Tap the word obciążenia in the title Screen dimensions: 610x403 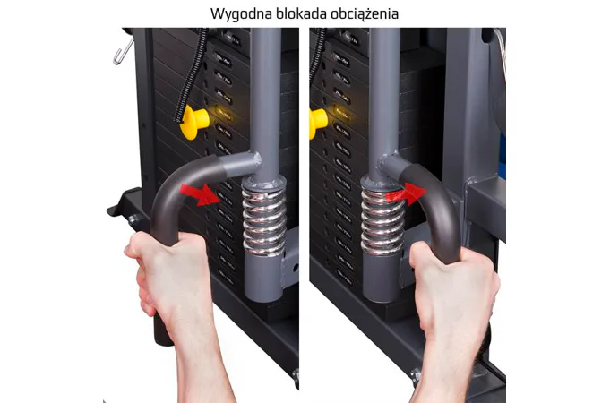pyautogui.click(x=365, y=14)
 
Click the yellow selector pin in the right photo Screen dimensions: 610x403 pyautogui.click(x=318, y=123)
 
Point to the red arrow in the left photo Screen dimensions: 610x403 pyautogui.click(x=201, y=194)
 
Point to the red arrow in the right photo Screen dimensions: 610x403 pyautogui.click(x=407, y=193)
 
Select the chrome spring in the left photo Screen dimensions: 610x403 pyautogui.click(x=264, y=221)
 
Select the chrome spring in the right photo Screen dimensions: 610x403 pyautogui.click(x=382, y=222)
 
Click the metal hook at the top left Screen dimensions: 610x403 pyautogui.click(x=124, y=50)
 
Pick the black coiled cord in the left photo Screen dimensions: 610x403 pyautogui.click(x=193, y=74)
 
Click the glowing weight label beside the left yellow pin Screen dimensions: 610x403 pyautogui.click(x=225, y=114)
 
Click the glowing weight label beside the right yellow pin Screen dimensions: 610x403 pyautogui.click(x=341, y=113)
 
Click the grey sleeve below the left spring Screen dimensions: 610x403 pyautogui.click(x=263, y=277)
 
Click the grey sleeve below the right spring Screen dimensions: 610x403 pyautogui.click(x=382, y=277)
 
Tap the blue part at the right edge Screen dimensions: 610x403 pyautogui.click(x=502, y=156)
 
